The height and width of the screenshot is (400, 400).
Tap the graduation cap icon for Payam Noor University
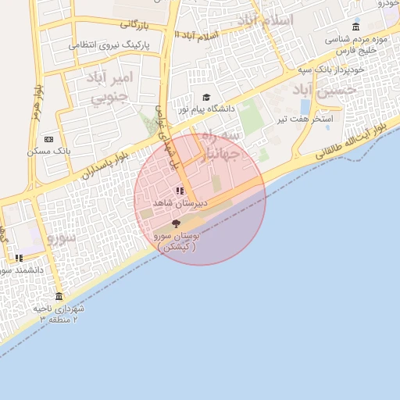(x=206, y=98)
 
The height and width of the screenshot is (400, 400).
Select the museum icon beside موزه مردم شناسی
(x=356, y=27)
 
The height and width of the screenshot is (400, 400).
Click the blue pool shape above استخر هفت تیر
(x=304, y=105)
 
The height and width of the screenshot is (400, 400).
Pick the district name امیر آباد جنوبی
(x=113, y=87)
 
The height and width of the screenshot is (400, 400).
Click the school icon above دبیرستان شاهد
(x=180, y=191)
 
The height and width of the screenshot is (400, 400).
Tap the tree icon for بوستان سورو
(x=175, y=224)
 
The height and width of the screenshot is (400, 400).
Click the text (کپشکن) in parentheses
(x=177, y=246)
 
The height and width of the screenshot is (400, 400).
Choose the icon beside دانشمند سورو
(x=19, y=258)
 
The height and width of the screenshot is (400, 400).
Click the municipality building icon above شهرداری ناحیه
(x=59, y=296)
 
